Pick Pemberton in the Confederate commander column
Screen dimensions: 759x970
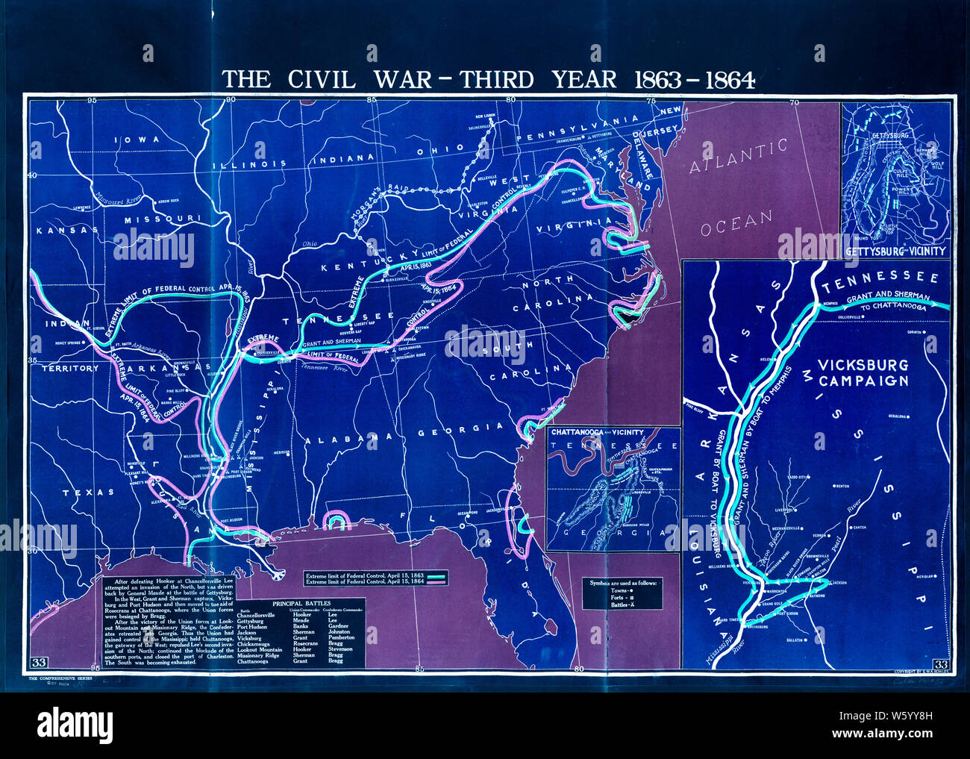point(340,637)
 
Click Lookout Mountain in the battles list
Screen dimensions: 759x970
point(260,649)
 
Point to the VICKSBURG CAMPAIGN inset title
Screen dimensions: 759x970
point(863,372)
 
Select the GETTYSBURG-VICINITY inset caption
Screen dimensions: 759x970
point(895,252)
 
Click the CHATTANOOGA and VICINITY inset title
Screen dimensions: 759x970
point(596,432)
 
